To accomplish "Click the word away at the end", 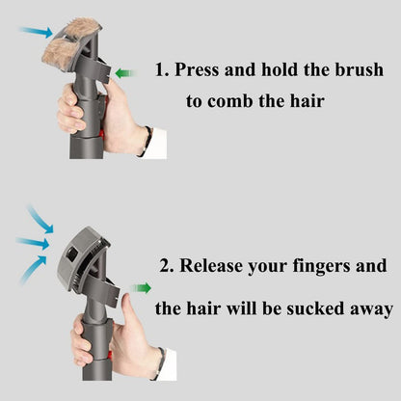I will (x=369, y=309).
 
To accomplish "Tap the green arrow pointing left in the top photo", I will (x=124, y=72).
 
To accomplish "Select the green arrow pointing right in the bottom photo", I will (x=143, y=287).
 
